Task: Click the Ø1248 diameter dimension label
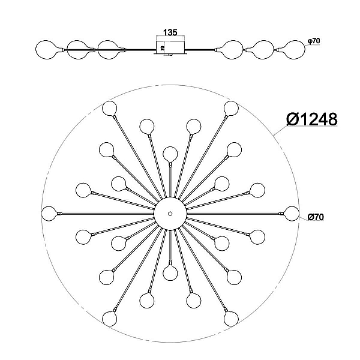312,119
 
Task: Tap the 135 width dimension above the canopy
170,32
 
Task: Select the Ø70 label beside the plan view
316,217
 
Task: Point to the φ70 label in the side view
314,41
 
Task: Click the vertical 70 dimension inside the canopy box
163,48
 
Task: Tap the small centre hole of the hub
170,214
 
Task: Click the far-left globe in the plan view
49,214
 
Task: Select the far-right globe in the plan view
292,214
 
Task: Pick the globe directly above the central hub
170,154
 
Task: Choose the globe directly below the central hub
170,273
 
